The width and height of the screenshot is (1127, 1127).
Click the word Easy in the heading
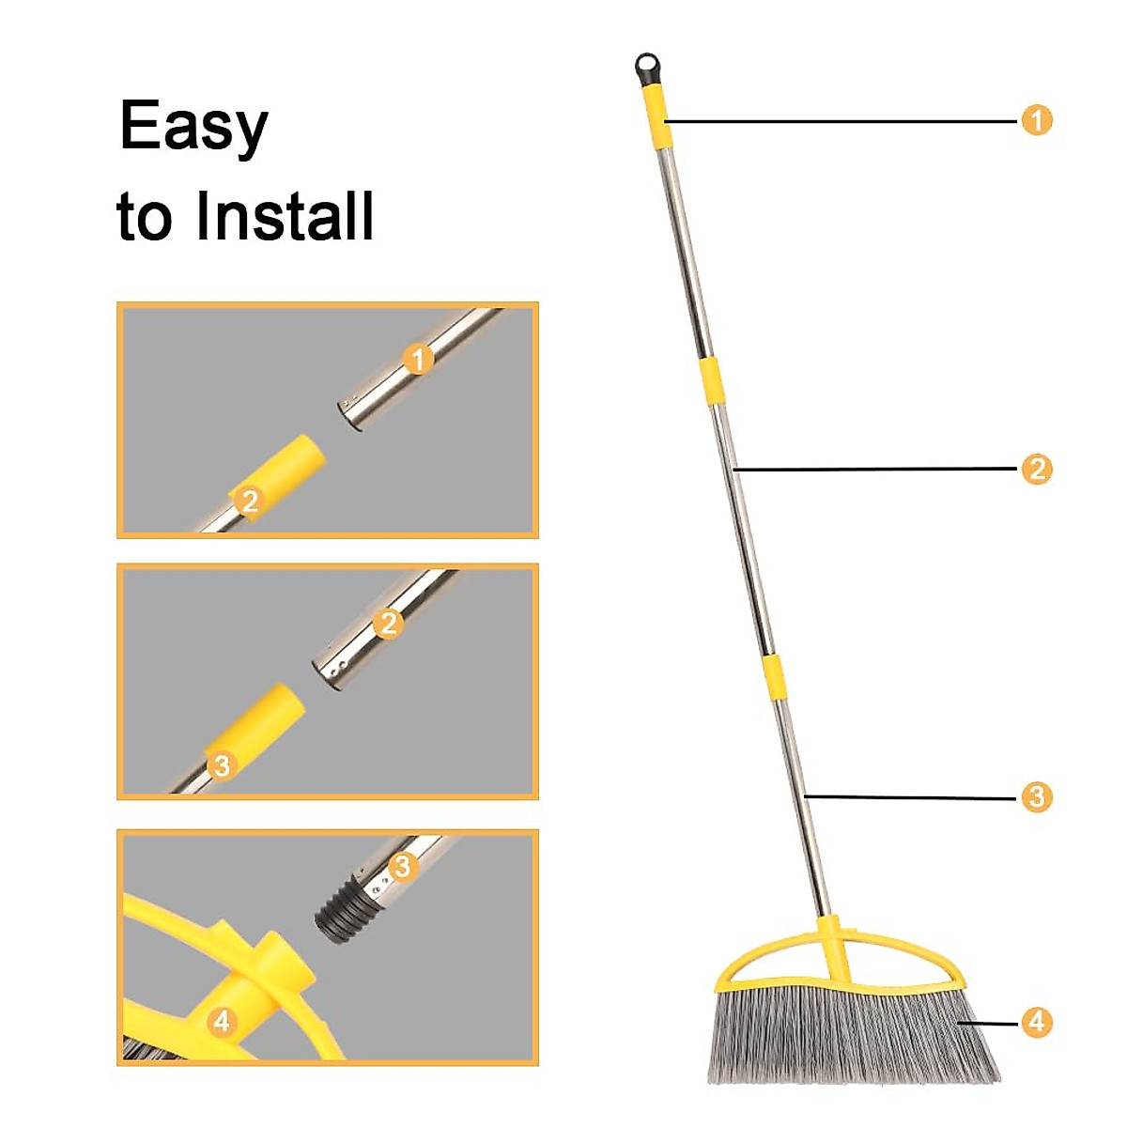tap(193, 127)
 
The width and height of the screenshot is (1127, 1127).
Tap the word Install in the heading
tap(285, 216)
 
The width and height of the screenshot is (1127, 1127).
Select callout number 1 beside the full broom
tap(1037, 120)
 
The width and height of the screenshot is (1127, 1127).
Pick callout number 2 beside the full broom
tap(1037, 469)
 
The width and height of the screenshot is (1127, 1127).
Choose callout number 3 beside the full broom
tap(1037, 797)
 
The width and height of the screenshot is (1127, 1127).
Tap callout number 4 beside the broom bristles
tap(1037, 1022)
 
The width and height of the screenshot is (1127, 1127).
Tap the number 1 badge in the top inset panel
tap(419, 359)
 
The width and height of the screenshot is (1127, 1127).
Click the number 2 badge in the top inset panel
tap(249, 500)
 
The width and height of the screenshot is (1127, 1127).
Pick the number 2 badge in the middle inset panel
tap(388, 623)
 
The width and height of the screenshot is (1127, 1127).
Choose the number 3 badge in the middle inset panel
tap(222, 765)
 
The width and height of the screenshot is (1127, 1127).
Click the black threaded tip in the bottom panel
tap(342, 907)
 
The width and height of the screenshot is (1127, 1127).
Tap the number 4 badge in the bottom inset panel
tap(222, 1021)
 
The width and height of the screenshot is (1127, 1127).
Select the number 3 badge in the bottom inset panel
tap(402, 866)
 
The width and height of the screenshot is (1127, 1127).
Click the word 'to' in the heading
tap(146, 216)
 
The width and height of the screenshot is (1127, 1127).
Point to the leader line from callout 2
tap(873, 469)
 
